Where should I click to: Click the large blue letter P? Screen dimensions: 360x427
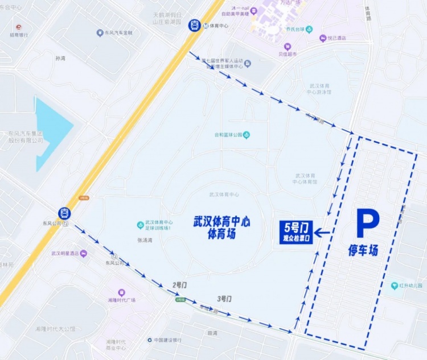pos(367,223)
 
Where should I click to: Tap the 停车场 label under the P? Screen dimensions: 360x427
pos(363,250)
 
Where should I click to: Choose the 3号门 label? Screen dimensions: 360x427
pos(224,299)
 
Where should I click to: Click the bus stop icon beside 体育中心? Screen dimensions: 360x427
pos(195,26)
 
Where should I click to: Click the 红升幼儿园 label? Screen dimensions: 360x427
pos(409,285)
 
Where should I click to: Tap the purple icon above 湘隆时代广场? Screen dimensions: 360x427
pos(121,292)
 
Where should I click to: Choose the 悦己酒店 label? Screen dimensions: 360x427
pos(336,38)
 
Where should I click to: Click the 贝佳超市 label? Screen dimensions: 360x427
pos(288,54)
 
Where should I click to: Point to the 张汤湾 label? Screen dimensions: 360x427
pos(145,240)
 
